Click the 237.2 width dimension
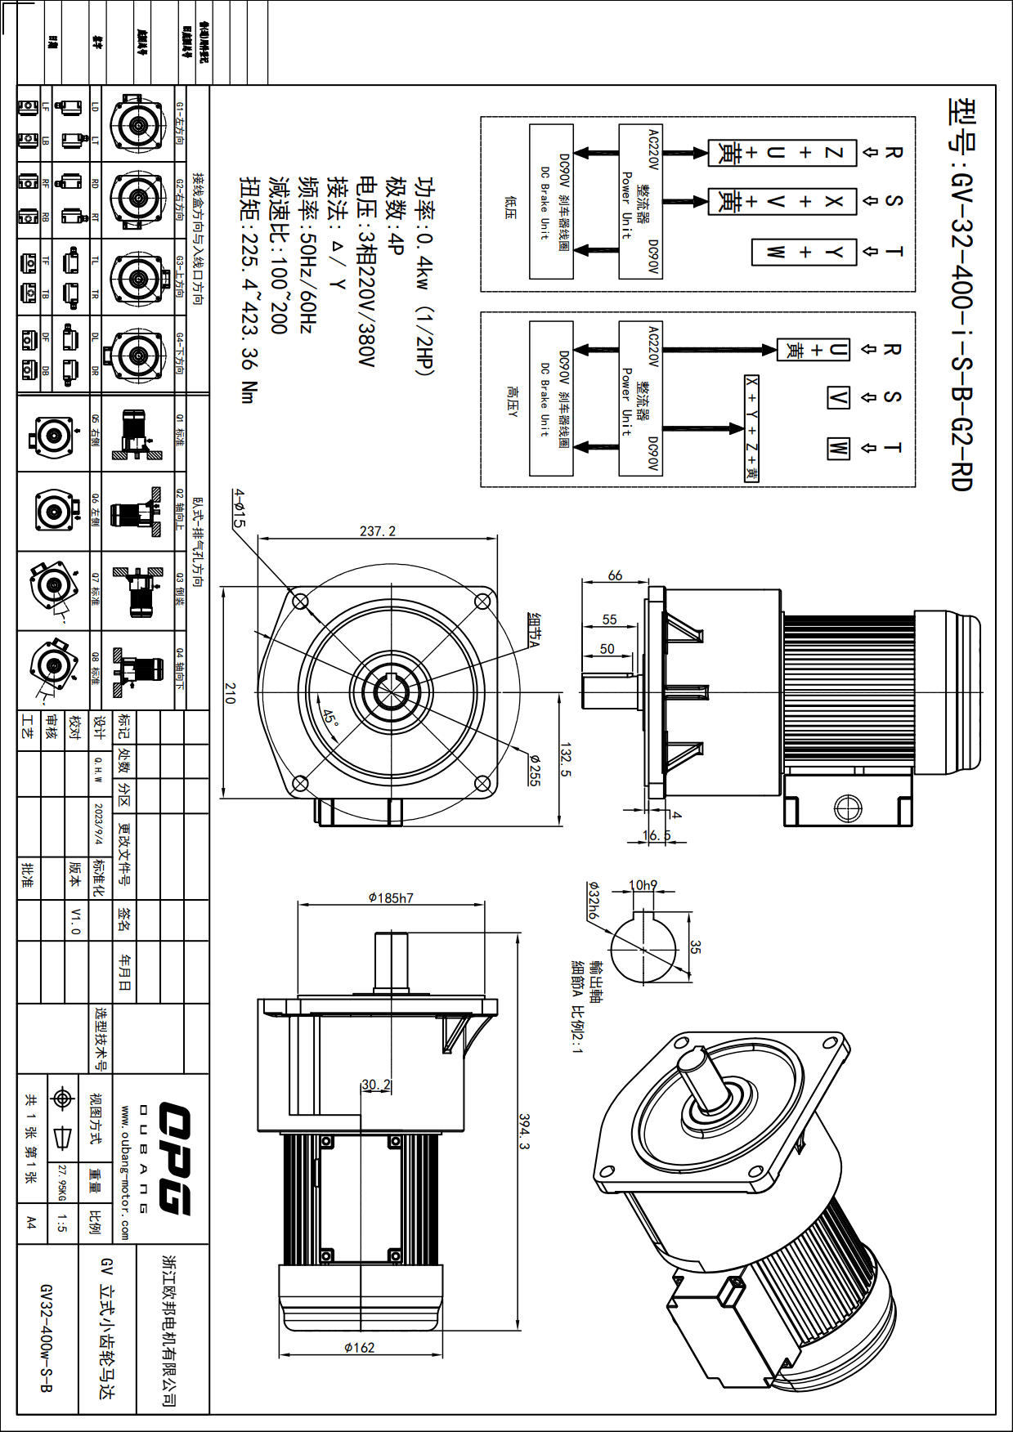point(377,531)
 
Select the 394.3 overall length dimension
point(525,1132)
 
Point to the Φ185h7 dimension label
point(391,897)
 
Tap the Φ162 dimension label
point(359,1347)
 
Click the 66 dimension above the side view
point(615,575)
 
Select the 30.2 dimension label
point(376,1085)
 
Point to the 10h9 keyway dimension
point(643,884)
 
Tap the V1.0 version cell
point(75,920)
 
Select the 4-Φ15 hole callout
point(238,508)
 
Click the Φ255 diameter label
point(534,769)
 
